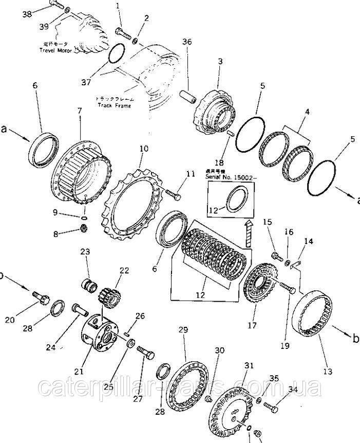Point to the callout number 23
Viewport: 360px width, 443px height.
tap(85, 251)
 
